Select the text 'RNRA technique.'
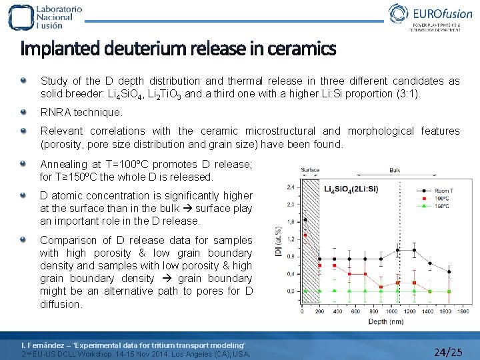81,112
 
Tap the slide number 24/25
447,351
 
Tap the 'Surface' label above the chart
310,170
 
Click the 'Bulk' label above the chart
395,170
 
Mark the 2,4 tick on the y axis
290,187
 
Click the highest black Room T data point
305,219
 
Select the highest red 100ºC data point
305,235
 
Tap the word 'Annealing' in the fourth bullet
63,164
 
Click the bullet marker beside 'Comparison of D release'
24,239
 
